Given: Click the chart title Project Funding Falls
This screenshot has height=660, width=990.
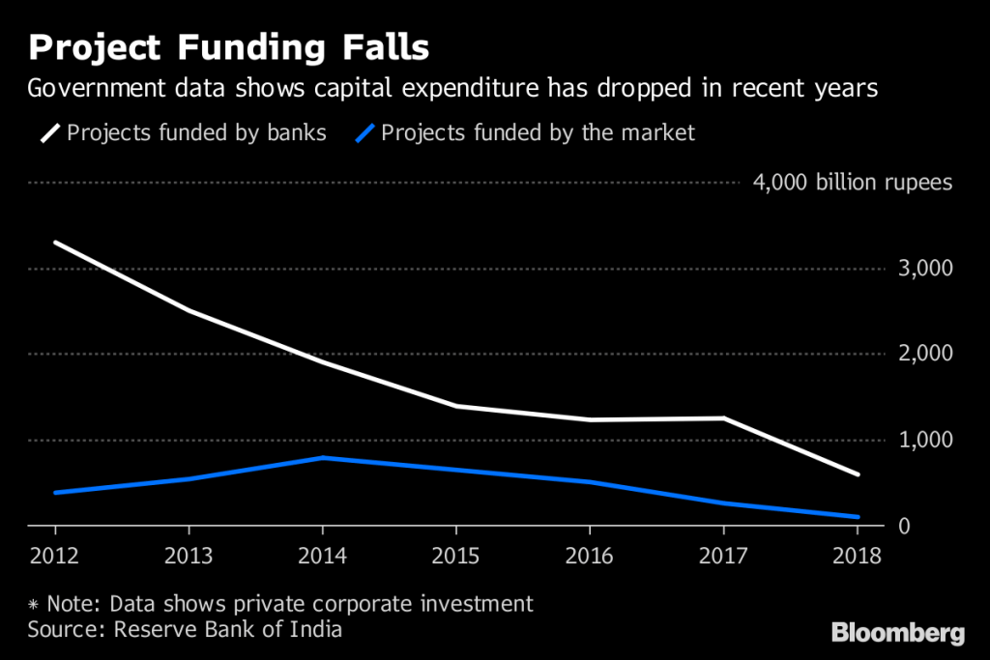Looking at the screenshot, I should click(x=229, y=46).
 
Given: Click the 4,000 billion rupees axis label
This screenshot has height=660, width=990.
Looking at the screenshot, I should click(x=852, y=183).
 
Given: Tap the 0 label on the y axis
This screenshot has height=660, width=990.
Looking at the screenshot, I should click(x=903, y=527).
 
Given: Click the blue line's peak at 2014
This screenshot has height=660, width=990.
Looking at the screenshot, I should click(x=322, y=457).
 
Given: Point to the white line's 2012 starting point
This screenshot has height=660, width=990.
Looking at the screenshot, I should click(x=55, y=243).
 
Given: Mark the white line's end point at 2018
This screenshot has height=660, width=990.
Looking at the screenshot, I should click(x=857, y=474).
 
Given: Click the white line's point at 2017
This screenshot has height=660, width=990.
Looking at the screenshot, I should click(x=723, y=418).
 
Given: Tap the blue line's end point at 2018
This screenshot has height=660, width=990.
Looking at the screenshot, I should click(x=857, y=517).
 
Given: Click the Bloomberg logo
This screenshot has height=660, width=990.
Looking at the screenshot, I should click(x=898, y=634).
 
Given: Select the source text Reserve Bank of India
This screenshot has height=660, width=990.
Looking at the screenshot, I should click(x=228, y=630).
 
